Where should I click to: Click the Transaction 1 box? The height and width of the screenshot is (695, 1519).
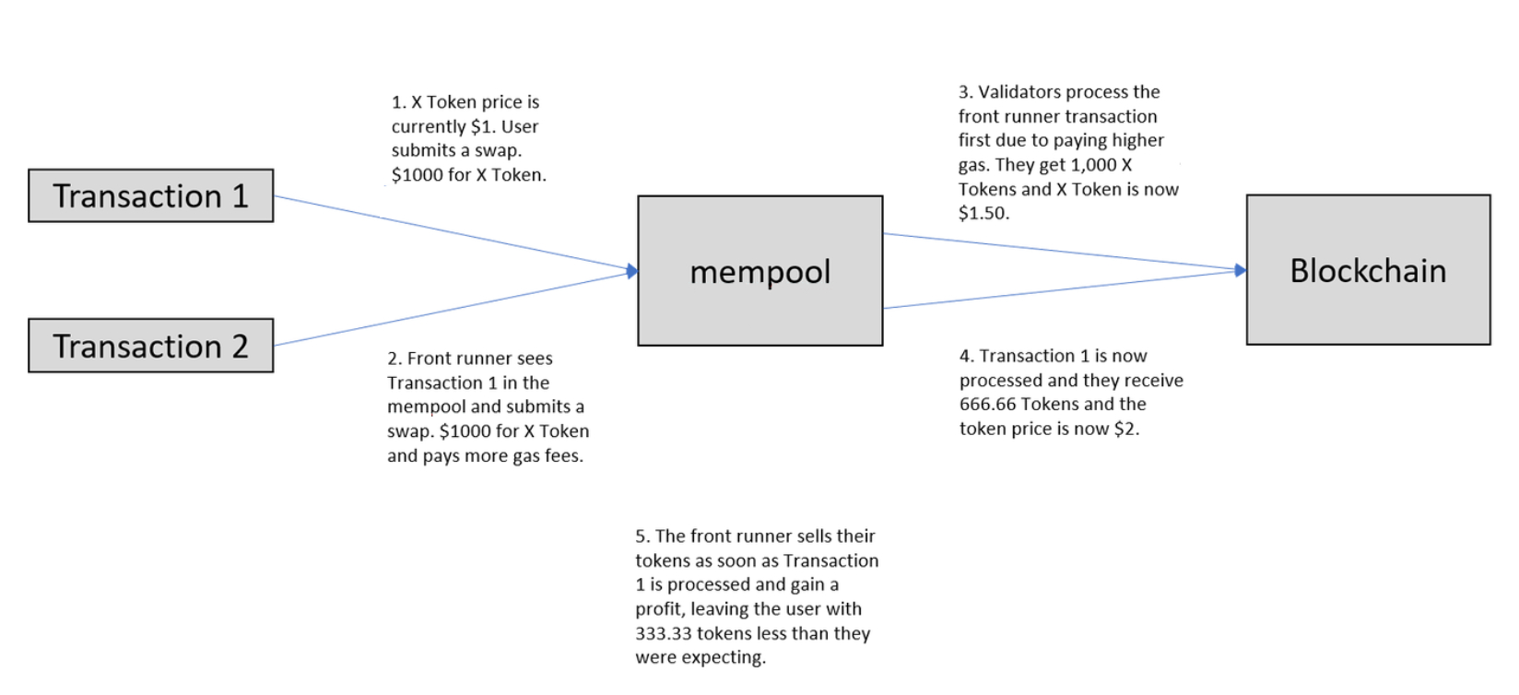151,196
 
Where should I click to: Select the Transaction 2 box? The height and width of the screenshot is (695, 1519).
151,346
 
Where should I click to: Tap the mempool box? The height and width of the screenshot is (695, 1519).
760,271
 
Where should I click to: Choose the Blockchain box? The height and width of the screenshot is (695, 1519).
1369,270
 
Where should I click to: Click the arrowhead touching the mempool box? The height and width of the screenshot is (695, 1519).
632,271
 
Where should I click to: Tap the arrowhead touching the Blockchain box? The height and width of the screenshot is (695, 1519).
1241,270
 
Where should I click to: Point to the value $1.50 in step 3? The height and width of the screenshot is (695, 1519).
983,213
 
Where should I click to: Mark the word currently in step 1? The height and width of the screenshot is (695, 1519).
429,127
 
